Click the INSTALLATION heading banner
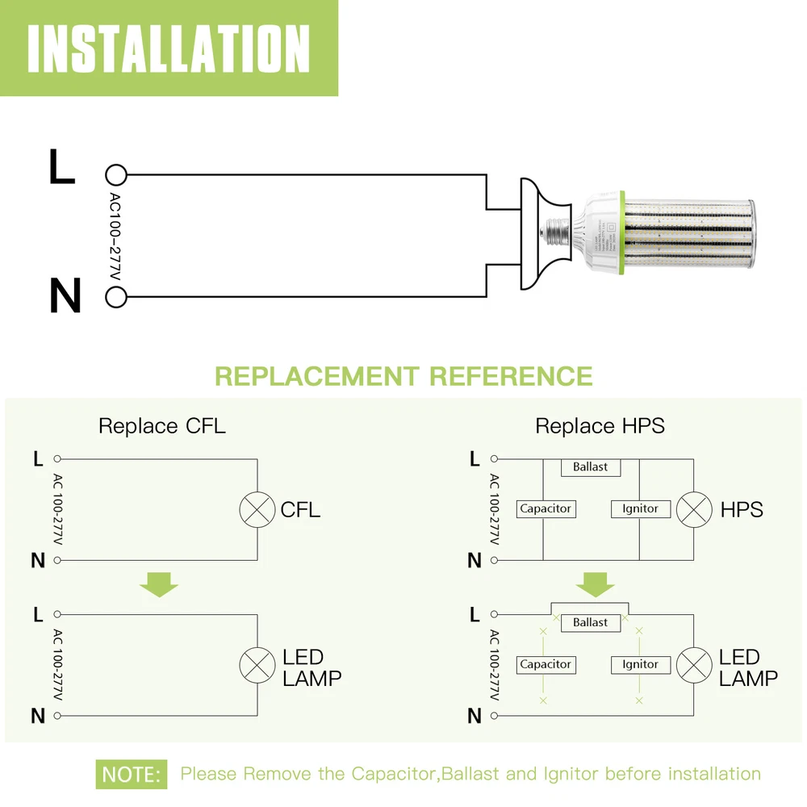tap(169, 48)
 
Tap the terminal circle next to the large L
tap(116, 174)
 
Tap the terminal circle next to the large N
tap(116, 297)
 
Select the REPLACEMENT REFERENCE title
tap(403, 376)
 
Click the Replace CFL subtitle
tap(162, 425)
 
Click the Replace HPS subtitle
tap(600, 425)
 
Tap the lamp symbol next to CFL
tap(257, 509)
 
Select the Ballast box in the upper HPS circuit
tap(590, 467)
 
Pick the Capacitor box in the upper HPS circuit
tap(546, 509)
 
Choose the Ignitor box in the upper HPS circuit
tap(640, 509)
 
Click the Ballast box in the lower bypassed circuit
tap(590, 622)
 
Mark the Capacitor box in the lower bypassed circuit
tap(546, 664)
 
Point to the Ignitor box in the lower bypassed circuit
tap(640, 664)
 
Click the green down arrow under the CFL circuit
tap(159, 583)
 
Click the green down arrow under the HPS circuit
tap(596, 583)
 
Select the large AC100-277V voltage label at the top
tap(115, 236)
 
